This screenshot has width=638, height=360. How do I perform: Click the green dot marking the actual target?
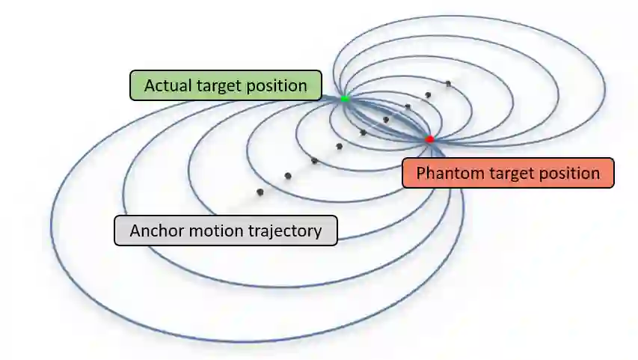click(x=345, y=99)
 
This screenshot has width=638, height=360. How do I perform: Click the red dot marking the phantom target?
click(x=429, y=139)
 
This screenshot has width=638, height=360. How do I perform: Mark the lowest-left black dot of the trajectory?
click(x=260, y=192)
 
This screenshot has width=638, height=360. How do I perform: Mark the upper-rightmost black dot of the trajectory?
click(x=448, y=83)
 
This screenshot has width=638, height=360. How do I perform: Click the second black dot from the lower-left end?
click(x=288, y=176)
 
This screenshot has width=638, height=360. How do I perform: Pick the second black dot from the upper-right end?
click(x=428, y=95)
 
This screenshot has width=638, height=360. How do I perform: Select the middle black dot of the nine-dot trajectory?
click(x=363, y=132)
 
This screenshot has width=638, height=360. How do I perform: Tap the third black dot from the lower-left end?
click(x=314, y=161)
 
